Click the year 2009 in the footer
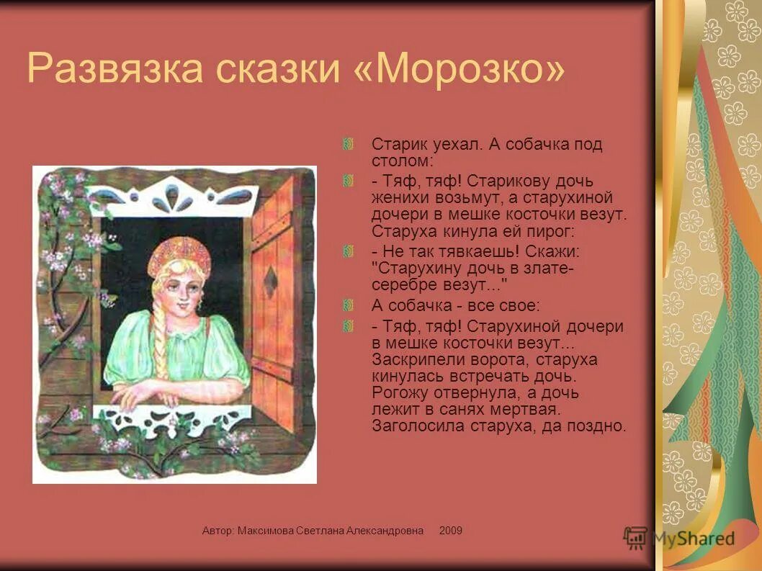point(451,531)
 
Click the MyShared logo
point(679,537)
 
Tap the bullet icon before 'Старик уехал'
point(349,145)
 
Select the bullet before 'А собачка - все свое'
point(349,305)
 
